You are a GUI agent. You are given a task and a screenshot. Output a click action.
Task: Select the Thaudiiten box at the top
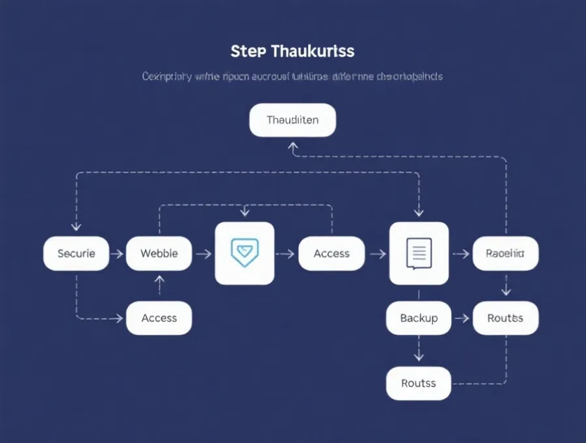[293, 121]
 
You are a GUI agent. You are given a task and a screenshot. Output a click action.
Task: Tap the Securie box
[76, 253]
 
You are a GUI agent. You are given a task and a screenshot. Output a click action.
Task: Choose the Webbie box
[159, 253]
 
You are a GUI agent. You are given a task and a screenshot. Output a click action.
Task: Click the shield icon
[245, 253]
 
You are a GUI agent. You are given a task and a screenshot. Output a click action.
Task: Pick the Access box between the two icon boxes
[331, 253]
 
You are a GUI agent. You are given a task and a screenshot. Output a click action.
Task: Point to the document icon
[419, 253]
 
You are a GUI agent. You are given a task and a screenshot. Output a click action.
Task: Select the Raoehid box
[505, 253]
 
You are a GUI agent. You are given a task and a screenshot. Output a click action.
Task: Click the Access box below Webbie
[159, 318]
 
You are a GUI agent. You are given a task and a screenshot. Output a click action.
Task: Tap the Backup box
[419, 318]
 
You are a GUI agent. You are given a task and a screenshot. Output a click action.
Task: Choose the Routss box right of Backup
[505, 318]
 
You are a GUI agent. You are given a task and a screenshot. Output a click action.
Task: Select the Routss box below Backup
[419, 383]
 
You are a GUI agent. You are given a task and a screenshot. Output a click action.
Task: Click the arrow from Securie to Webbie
[117, 253]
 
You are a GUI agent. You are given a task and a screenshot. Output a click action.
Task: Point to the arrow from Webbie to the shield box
[203, 253]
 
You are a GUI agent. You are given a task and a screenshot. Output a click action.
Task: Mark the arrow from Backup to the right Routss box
[462, 318]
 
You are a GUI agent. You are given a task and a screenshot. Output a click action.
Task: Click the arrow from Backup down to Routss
[419, 352]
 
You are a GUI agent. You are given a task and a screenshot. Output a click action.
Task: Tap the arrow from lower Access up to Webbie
[159, 285]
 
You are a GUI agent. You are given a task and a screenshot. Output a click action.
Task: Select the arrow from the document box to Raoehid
[461, 253]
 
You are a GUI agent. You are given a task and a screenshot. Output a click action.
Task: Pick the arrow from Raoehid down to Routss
[506, 286]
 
